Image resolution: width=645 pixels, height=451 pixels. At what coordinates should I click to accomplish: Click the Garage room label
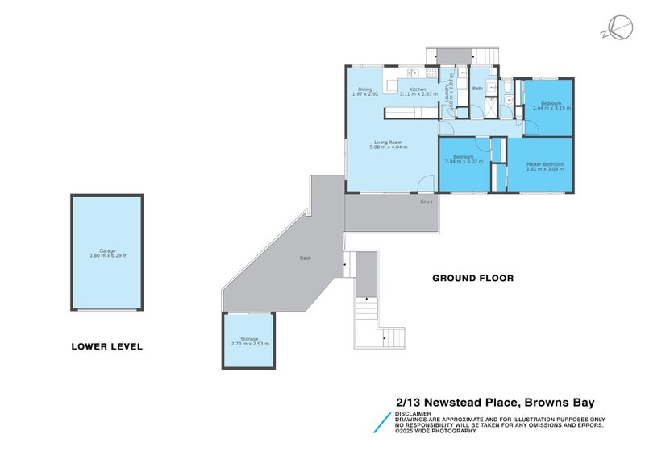point(107,250)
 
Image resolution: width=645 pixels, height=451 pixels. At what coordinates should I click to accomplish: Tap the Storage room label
point(249,339)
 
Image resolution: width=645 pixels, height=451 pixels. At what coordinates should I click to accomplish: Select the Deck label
point(305,259)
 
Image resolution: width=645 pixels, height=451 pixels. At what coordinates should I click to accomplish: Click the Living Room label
point(388,142)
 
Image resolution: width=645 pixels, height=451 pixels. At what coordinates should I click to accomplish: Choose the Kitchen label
point(418,89)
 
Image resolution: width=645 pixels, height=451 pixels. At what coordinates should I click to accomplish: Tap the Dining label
point(365,89)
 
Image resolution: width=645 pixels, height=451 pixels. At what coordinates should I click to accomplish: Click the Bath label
point(477,89)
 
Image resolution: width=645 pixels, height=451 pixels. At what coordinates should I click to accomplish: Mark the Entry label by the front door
point(426,201)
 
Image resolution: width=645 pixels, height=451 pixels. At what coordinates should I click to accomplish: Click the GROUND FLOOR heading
point(472,279)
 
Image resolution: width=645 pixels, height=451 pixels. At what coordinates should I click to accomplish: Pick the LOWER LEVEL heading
point(106,346)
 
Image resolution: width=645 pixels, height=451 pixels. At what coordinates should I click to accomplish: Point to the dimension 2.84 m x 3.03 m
point(464,161)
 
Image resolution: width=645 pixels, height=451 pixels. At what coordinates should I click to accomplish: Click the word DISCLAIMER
point(413,414)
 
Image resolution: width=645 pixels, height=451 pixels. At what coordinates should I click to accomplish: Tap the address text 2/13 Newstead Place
point(455,402)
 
